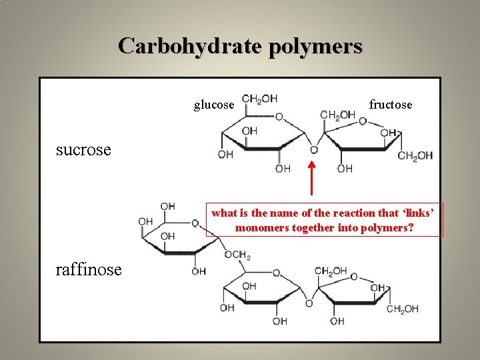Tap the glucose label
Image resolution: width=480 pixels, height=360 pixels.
tap(214, 105)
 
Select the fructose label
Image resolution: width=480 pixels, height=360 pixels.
tap(391, 105)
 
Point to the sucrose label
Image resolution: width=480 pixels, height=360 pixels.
tap(83, 149)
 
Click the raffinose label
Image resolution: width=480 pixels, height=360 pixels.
tap(89, 269)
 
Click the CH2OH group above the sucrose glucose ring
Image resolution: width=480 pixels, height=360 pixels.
tap(259, 99)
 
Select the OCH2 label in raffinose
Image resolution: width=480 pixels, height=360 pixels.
tap(238, 255)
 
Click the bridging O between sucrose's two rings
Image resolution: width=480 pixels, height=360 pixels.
tap(313, 150)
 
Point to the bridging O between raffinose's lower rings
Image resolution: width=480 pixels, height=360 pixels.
tap(309, 304)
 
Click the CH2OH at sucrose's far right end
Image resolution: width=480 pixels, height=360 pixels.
tap(415, 156)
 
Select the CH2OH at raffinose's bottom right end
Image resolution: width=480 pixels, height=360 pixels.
tap(403, 309)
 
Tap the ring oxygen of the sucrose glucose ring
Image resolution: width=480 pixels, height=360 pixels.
tap(279, 117)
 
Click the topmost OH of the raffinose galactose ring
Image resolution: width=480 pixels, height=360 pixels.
tap(168, 207)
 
